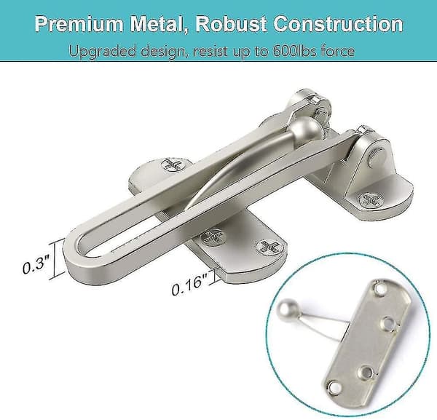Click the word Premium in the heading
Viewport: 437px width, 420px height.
(79, 23)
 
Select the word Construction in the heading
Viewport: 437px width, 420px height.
(338, 23)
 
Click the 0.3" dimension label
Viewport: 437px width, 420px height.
(36, 264)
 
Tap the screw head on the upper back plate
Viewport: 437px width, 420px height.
(174, 165)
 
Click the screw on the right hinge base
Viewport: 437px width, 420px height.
(371, 199)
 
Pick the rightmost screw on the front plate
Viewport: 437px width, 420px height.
(270, 247)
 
